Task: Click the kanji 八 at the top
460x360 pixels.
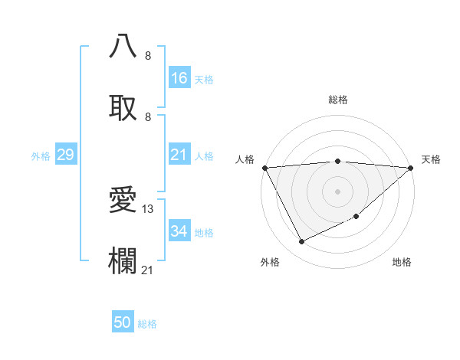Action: [x=123, y=47]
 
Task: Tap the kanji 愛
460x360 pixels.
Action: [x=123, y=200]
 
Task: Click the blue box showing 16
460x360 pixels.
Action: [x=179, y=78]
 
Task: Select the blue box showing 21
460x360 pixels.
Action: [x=179, y=155]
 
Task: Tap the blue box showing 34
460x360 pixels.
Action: [x=179, y=232]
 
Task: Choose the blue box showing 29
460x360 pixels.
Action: [x=66, y=155]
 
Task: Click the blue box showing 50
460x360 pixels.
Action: [x=123, y=322]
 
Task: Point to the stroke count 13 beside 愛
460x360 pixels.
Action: [x=149, y=209]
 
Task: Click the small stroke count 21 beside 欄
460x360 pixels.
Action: [x=148, y=270]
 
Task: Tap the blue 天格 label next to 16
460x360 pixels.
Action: [x=204, y=79]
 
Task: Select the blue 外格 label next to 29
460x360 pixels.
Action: [x=41, y=156]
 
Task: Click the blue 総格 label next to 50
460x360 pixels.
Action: [x=148, y=324]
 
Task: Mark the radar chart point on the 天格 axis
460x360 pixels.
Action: [x=410, y=168]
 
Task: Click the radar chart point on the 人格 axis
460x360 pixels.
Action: [x=264, y=168]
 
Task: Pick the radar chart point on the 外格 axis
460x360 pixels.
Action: [x=301, y=242]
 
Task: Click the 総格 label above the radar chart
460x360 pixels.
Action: [x=337, y=100]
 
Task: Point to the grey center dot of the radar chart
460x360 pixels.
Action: [x=337, y=191]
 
